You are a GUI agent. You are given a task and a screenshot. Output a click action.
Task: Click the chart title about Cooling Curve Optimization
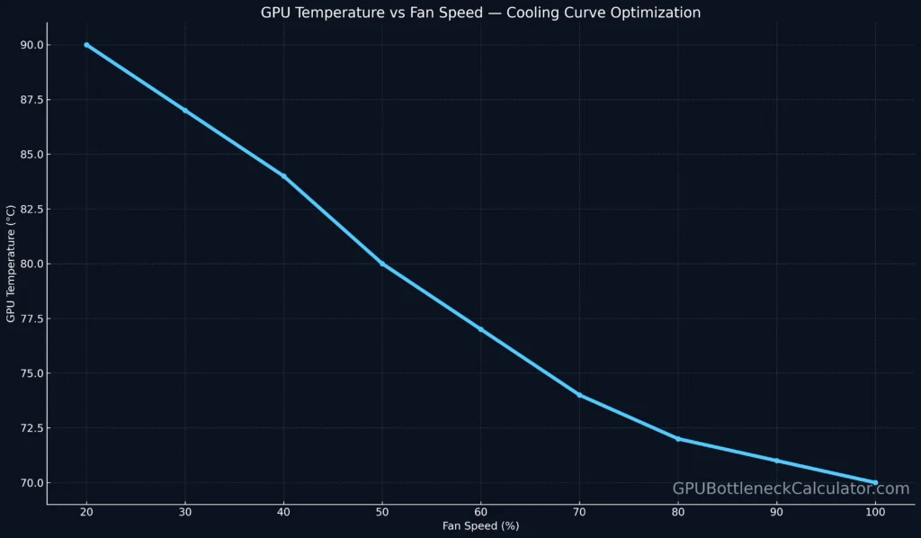click(480, 13)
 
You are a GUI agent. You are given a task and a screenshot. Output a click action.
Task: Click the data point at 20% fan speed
click(86, 45)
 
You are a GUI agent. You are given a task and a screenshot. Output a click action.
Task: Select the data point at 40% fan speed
click(283, 176)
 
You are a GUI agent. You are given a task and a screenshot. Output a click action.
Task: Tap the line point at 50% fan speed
click(382, 264)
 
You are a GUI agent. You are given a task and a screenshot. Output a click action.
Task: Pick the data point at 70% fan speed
click(579, 395)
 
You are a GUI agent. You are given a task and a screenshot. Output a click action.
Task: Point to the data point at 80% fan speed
click(678, 439)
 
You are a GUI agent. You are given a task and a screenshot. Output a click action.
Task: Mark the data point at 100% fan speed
click(875, 482)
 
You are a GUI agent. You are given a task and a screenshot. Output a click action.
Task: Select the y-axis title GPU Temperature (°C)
click(11, 264)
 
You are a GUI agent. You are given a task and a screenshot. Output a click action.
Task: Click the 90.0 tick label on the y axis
click(32, 45)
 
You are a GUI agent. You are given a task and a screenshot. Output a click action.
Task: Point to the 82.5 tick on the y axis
click(32, 209)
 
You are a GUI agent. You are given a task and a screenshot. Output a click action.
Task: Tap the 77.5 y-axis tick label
click(32, 318)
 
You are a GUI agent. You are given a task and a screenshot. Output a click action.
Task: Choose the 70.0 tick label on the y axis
click(32, 482)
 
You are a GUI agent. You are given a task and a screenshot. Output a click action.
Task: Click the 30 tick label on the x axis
click(185, 512)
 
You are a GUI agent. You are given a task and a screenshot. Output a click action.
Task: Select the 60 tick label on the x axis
click(480, 512)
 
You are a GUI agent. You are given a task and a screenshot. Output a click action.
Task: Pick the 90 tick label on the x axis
click(776, 512)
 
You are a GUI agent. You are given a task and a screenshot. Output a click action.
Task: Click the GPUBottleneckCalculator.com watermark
click(791, 489)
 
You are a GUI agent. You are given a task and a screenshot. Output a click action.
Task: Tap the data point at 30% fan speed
click(185, 111)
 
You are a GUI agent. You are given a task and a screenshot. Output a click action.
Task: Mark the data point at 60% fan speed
click(480, 329)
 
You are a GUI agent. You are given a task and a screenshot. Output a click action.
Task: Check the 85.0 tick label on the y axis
click(32, 154)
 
